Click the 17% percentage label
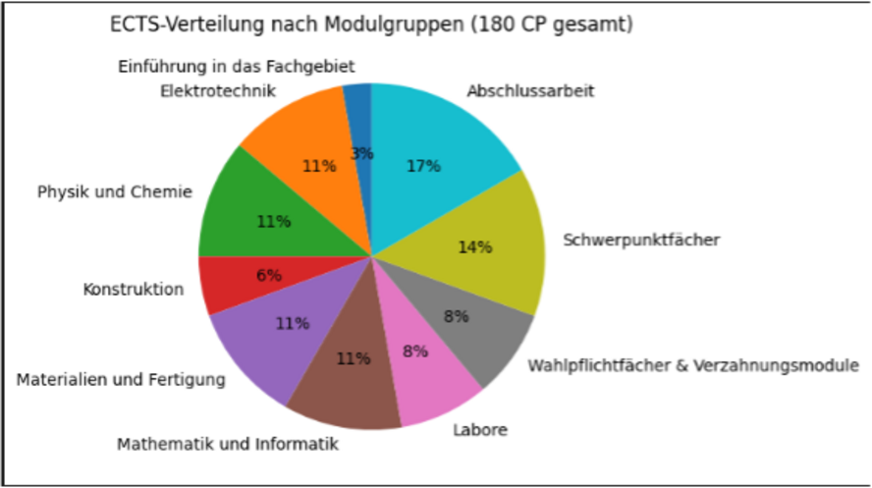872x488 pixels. [x=423, y=166]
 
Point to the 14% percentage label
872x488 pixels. [x=474, y=246]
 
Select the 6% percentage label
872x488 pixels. [x=269, y=275]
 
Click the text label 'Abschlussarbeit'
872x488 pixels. [x=530, y=91]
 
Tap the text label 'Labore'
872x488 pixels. [x=481, y=429]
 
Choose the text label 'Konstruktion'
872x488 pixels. [x=134, y=290]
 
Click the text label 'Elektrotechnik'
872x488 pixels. [x=217, y=91]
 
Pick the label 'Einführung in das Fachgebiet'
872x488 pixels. [x=237, y=66]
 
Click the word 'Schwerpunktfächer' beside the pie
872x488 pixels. [x=641, y=240]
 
